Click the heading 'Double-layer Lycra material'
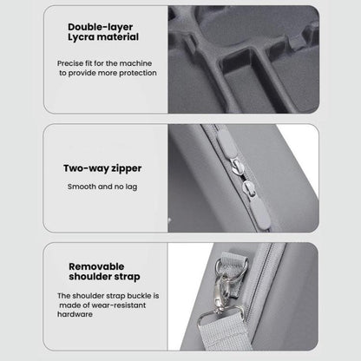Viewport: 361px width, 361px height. pos(103,32)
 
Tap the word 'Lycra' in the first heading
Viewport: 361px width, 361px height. pos(81,37)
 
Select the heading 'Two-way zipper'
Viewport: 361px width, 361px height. pos(102,168)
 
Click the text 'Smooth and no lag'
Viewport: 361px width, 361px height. pos(102,187)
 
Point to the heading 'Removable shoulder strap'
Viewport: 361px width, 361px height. pos(104,272)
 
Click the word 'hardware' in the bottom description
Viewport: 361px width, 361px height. pos(75,314)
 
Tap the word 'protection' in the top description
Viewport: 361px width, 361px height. pos(138,73)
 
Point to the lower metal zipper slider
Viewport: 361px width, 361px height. pos(248,188)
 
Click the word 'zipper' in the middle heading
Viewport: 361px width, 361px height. pos(127,169)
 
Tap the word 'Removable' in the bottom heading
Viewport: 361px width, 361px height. pos(96,266)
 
